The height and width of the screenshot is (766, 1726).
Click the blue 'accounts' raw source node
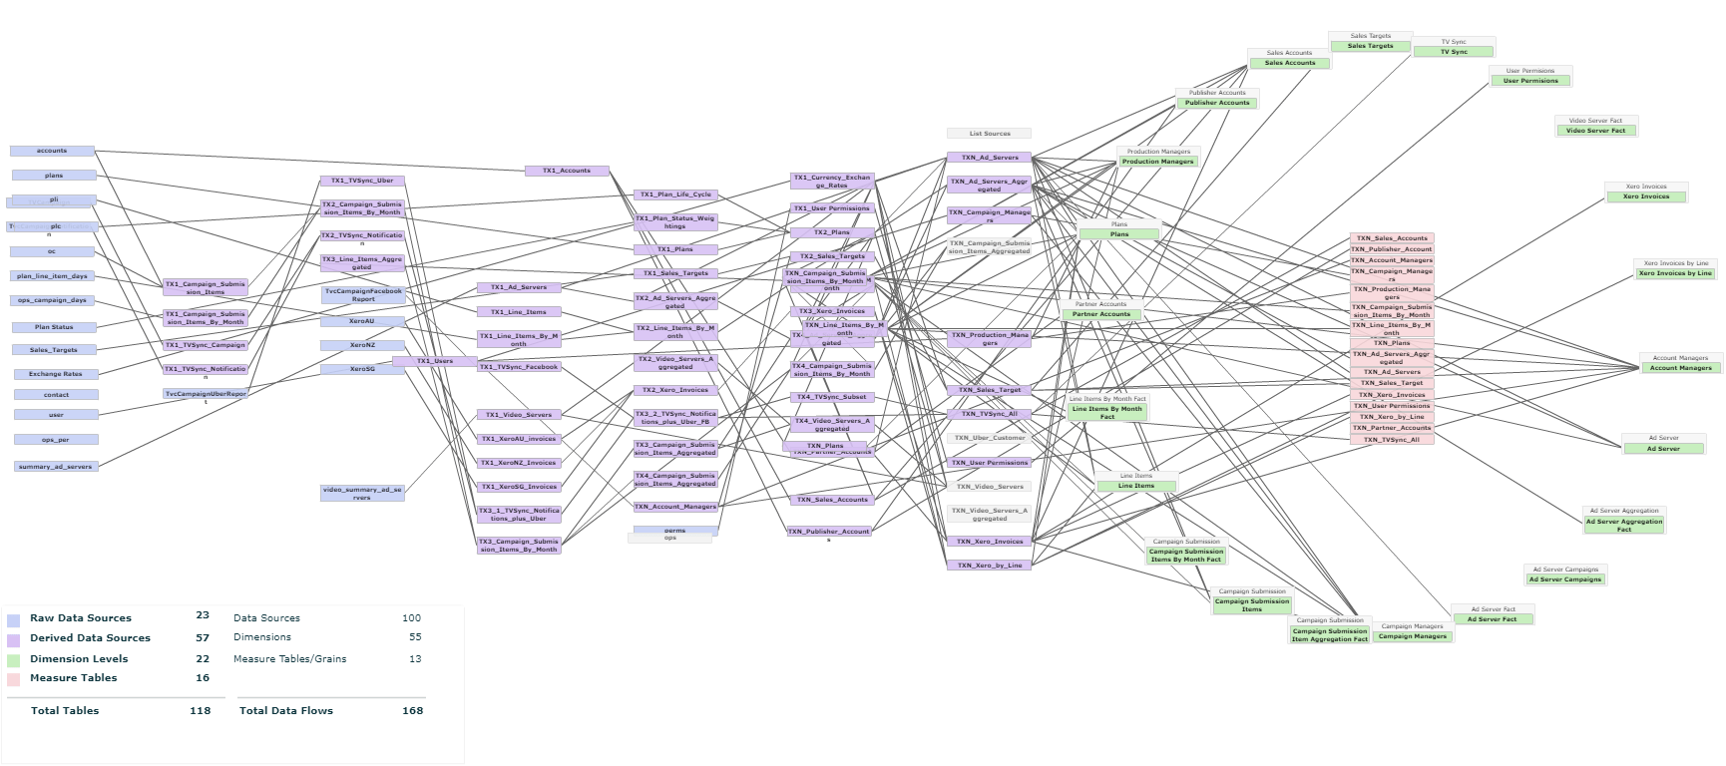pyautogui.click(x=52, y=152)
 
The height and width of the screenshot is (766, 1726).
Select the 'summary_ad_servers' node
pyautogui.click(x=56, y=467)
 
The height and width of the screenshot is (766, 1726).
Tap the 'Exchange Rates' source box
pyautogui.click(x=56, y=374)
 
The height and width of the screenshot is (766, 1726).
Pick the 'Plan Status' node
pyautogui.click(x=55, y=327)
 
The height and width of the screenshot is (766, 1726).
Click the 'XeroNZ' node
pyautogui.click(x=362, y=345)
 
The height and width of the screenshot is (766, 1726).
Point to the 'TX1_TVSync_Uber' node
pyautogui.click(x=362, y=181)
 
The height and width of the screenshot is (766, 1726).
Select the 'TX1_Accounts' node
pyautogui.click(x=567, y=171)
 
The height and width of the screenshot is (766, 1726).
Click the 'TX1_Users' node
pyautogui.click(x=435, y=361)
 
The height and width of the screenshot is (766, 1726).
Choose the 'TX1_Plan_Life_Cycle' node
pyautogui.click(x=675, y=194)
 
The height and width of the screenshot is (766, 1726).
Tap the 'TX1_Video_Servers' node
pyautogui.click(x=519, y=415)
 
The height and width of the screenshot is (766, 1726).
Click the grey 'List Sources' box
pyautogui.click(x=990, y=134)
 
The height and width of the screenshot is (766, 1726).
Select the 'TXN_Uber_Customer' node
pyautogui.click(x=990, y=438)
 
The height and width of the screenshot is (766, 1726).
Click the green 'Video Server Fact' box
pyautogui.click(x=1595, y=131)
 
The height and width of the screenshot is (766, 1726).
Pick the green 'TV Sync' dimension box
pyautogui.click(x=1454, y=52)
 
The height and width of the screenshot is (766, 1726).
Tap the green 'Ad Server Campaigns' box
pyautogui.click(x=1565, y=579)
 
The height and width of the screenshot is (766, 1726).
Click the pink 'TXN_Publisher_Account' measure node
pyautogui.click(x=1392, y=249)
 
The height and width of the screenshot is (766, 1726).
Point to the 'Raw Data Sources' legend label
pyautogui.click(x=81, y=618)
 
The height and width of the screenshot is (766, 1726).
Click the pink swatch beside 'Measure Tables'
pyautogui.click(x=13, y=679)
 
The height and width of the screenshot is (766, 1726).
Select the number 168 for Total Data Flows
pyautogui.click(x=412, y=711)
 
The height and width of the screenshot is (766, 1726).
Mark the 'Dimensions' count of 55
pyautogui.click(x=415, y=637)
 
